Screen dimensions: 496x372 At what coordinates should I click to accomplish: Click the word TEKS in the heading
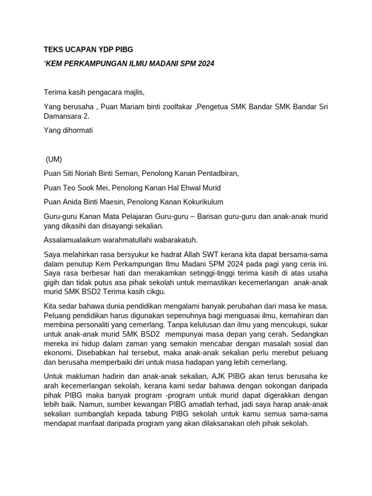click(x=54, y=50)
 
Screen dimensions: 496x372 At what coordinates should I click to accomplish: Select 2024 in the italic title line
click(x=204, y=63)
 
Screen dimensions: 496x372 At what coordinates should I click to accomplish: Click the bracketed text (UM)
click(x=54, y=159)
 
